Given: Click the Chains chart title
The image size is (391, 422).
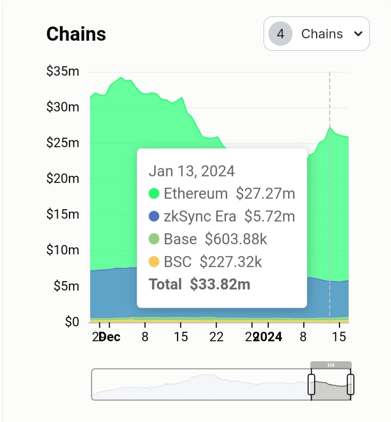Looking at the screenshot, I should click(x=76, y=34).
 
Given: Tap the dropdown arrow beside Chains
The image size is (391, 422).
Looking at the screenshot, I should click(x=358, y=34).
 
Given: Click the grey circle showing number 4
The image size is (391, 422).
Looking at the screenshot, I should click(x=280, y=34).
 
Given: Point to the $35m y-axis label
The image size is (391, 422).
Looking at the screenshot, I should click(x=63, y=71).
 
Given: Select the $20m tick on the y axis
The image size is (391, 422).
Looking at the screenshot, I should click(x=63, y=179).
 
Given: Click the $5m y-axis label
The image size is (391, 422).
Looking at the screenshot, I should click(x=66, y=286).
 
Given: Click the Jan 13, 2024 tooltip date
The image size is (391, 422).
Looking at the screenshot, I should click(x=192, y=171).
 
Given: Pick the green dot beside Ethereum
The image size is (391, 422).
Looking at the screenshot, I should click(x=154, y=194).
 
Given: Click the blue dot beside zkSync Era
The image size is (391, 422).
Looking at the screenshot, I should click(x=154, y=216).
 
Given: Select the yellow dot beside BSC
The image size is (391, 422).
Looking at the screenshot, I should click(x=154, y=262).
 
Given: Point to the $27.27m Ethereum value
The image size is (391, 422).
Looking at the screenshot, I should click(x=265, y=194).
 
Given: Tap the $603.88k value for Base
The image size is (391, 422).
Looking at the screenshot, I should click(x=236, y=239).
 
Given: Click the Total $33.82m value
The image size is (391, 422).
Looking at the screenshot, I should click(x=220, y=284).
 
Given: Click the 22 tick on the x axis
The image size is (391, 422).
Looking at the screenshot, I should click(x=216, y=337).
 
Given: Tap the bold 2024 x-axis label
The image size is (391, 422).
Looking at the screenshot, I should click(x=269, y=337).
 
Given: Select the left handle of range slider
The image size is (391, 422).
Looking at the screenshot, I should click(x=311, y=384).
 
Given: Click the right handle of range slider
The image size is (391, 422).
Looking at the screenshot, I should click(x=351, y=384).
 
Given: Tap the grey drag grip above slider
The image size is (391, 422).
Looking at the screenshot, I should click(x=331, y=365).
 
